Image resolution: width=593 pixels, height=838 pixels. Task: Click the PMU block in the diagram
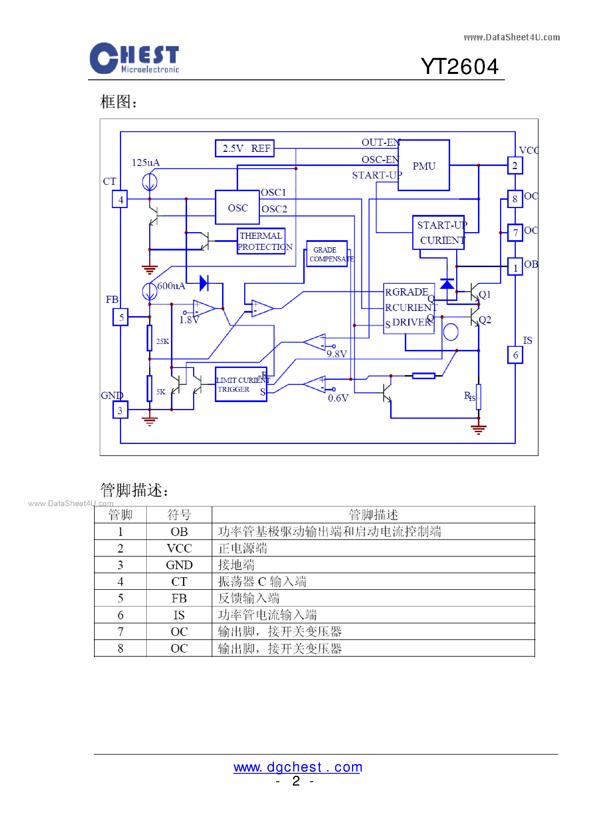(x=423, y=165)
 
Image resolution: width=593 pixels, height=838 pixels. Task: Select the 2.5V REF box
(x=244, y=148)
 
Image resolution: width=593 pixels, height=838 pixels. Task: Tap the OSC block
(x=238, y=207)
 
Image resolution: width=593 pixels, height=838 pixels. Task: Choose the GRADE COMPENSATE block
(x=327, y=254)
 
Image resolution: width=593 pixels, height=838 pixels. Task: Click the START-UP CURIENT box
(x=438, y=232)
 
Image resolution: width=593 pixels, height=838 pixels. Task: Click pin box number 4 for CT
(x=120, y=199)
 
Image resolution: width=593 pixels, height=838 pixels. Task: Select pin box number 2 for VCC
(x=515, y=165)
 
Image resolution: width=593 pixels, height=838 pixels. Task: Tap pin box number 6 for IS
(x=515, y=355)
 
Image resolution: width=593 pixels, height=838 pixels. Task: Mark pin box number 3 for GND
(x=120, y=410)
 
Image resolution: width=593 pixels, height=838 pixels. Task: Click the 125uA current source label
(x=145, y=163)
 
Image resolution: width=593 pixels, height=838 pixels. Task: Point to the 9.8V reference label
(x=337, y=354)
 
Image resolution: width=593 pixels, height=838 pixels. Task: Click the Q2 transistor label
(x=485, y=320)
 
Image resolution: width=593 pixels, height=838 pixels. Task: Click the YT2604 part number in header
(x=460, y=66)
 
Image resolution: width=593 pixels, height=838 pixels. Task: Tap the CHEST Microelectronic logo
(x=134, y=58)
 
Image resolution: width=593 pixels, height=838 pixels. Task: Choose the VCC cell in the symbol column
(x=179, y=548)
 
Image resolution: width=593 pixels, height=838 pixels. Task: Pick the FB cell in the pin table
(x=179, y=598)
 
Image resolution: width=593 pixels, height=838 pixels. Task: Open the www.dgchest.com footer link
(x=298, y=767)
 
